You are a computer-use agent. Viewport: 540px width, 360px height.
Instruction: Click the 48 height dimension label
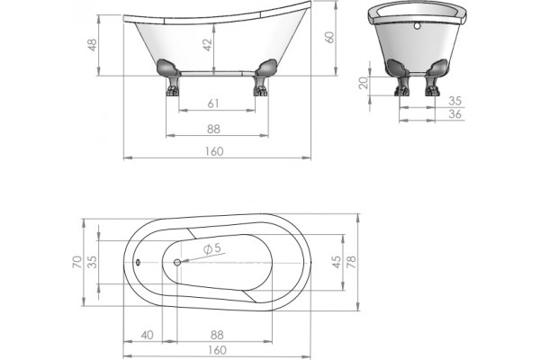93,45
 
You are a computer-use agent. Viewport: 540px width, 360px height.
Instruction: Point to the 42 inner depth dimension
207,45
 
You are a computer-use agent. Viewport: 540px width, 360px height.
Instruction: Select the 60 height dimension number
329,37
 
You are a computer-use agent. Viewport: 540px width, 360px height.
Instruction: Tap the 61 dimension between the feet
213,103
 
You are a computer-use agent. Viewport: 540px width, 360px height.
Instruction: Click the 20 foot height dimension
364,83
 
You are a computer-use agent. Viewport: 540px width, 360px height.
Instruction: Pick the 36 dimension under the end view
454,114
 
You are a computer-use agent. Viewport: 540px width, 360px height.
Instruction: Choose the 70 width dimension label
77,262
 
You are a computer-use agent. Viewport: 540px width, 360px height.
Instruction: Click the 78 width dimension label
351,262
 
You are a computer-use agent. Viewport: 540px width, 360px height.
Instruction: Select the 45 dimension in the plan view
337,262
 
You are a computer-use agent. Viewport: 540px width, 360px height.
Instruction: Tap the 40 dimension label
147,335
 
